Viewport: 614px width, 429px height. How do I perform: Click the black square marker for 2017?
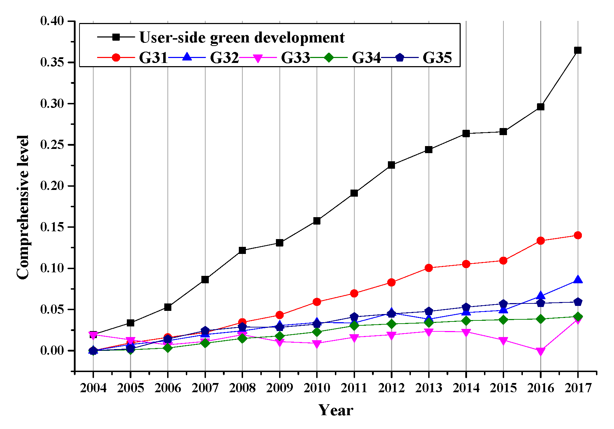[578, 50]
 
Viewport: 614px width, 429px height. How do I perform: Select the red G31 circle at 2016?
[541, 241]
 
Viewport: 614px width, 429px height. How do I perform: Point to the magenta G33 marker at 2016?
[541, 351]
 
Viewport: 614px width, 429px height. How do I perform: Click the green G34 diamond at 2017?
[578, 317]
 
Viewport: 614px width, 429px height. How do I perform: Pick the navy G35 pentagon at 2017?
[578, 302]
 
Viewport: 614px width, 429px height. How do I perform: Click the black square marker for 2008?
[242, 250]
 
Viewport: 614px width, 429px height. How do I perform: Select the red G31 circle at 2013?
[429, 268]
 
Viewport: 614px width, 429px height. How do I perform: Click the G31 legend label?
[153, 58]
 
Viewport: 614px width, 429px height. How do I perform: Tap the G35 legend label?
[437, 58]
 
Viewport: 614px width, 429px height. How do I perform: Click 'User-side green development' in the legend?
[242, 37]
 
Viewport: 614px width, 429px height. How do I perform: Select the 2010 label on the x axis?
[317, 388]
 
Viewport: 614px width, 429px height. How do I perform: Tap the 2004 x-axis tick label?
[93, 388]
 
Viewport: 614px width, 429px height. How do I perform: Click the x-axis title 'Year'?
[336, 410]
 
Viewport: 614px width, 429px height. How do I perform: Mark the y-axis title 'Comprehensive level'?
[23, 207]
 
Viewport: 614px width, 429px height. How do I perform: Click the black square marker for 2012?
[391, 165]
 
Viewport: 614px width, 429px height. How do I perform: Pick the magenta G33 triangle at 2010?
[317, 344]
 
